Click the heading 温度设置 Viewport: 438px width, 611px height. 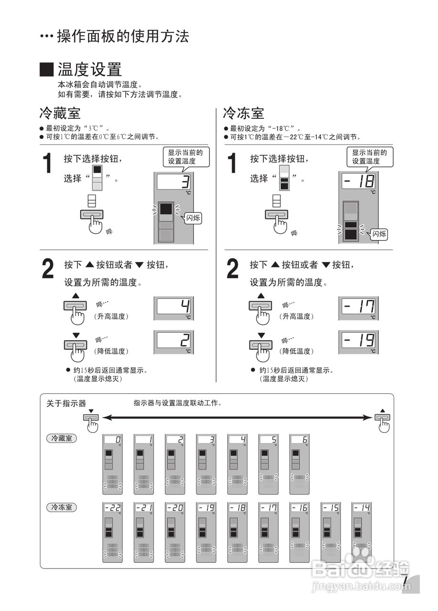click(89, 70)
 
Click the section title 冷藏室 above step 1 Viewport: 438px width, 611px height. click(60, 114)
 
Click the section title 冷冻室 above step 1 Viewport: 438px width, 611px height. click(244, 114)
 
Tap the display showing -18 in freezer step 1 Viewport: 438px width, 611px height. click(358, 181)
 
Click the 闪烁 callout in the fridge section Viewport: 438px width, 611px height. click(192, 219)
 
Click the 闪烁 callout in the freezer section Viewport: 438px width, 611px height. click(379, 234)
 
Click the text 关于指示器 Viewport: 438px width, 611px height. click(66, 403)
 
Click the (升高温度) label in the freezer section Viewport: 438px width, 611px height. click(297, 316)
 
